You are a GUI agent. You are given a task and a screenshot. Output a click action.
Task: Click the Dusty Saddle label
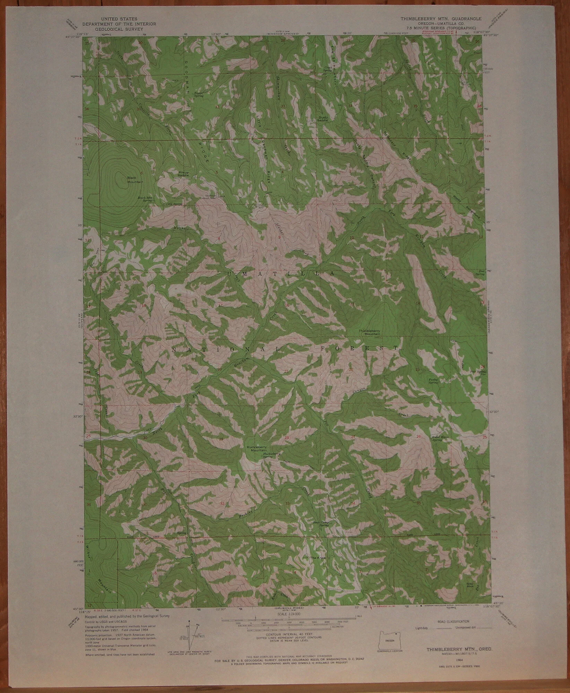point(323,118)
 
